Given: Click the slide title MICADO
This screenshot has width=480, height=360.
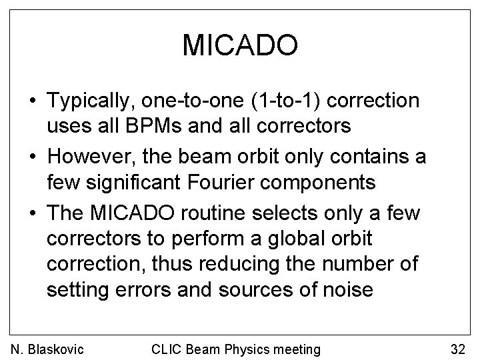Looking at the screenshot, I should [x=239, y=45].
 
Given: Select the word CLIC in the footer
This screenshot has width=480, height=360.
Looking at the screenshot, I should [x=167, y=348].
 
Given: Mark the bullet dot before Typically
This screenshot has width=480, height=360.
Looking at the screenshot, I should [x=32, y=102].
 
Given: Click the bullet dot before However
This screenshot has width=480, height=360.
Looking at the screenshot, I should [x=32, y=156].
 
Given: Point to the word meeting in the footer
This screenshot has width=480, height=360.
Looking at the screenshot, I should [x=294, y=348].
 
